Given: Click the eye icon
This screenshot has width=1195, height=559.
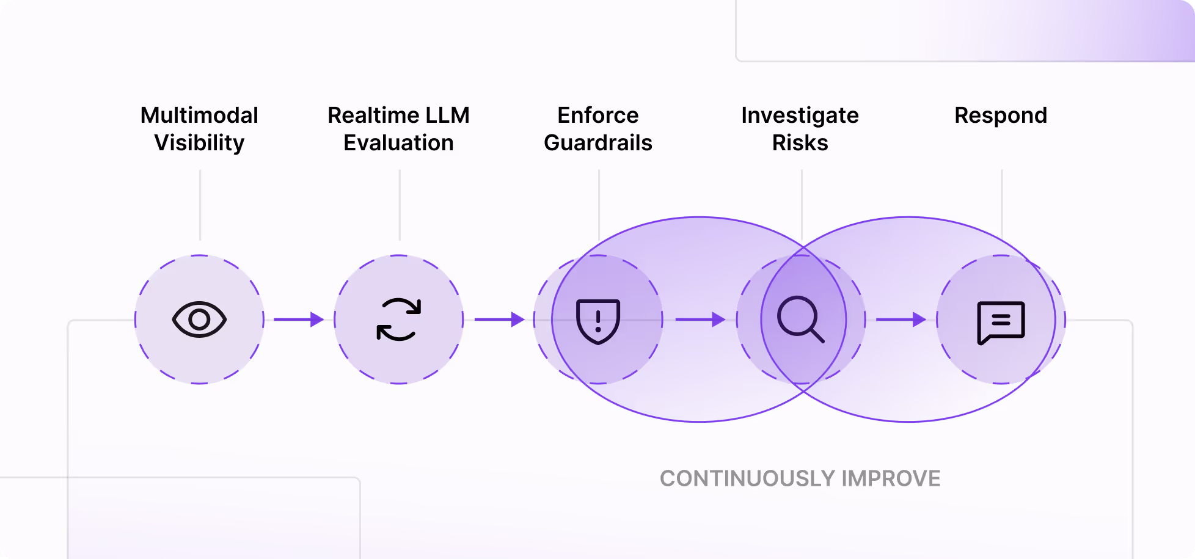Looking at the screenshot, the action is point(199,320).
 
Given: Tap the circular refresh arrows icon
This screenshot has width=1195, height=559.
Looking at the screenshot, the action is point(398,320).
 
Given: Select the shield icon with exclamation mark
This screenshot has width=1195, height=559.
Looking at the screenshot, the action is point(598,321).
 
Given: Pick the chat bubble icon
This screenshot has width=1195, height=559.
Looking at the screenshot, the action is point(1001,322).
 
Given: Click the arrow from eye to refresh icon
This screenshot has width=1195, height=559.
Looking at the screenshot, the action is point(299,320).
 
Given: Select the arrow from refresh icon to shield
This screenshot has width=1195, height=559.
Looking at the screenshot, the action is point(499,320).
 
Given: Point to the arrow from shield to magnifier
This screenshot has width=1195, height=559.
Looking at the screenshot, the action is point(700,320).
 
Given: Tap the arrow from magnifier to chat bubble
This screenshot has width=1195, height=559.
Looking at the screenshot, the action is point(901,320).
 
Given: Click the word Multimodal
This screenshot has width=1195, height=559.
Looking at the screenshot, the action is point(199,115).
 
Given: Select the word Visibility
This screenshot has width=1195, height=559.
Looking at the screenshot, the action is point(199,143).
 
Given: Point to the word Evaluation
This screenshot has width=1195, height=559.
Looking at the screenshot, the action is point(398,143).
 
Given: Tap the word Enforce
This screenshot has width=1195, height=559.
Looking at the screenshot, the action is point(598,115).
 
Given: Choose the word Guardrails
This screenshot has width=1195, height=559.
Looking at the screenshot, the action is point(598,143).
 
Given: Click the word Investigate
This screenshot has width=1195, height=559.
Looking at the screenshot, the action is point(800,115).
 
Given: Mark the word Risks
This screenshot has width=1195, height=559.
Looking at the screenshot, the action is point(800,143).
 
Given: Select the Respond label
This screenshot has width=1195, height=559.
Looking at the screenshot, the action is point(1001,115).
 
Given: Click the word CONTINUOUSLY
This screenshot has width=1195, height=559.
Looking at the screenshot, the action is point(747,478).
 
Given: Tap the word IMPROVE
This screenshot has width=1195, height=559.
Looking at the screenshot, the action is point(891,478).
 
